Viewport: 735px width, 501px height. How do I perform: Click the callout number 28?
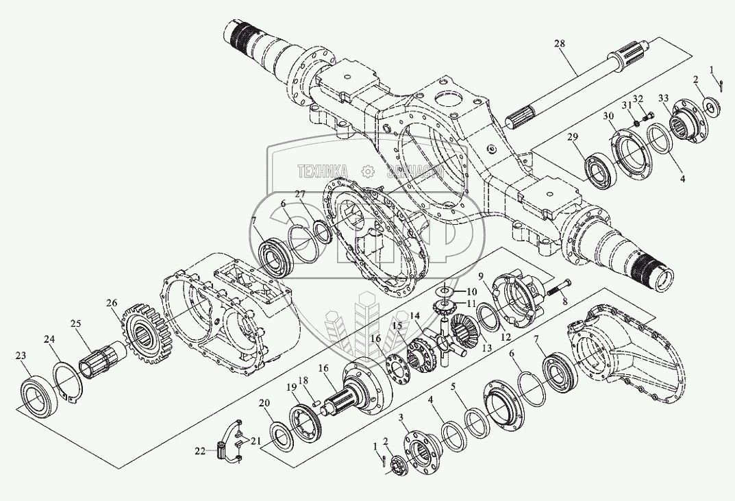coord(560,45)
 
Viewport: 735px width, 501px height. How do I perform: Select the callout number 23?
coord(22,355)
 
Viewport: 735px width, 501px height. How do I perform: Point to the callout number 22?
coord(199,450)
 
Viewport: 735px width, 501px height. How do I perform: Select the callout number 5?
coord(453,386)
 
